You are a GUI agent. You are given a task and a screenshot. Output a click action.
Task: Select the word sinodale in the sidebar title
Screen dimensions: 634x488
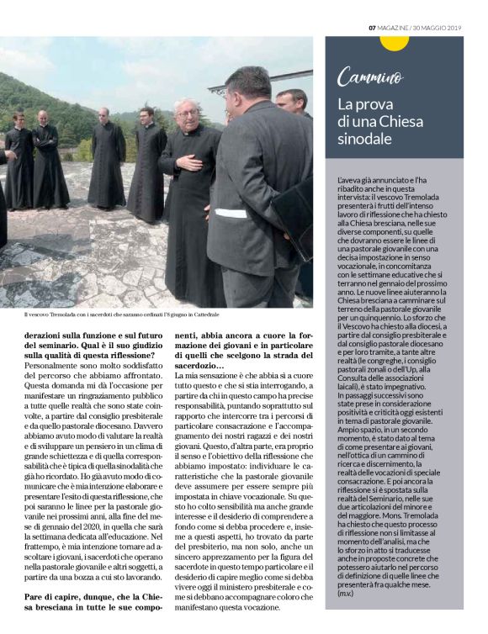tap(365, 139)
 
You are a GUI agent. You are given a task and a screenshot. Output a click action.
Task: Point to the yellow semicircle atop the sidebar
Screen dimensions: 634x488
tap(394, 41)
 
